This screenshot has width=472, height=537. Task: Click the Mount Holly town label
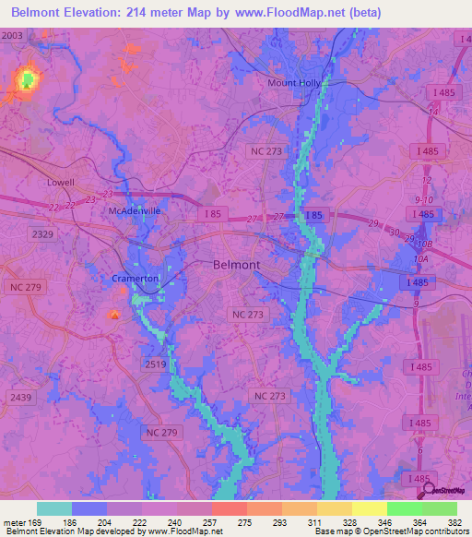293,82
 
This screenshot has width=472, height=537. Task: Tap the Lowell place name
61,183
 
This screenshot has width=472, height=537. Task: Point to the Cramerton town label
136,278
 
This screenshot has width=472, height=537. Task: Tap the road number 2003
13,34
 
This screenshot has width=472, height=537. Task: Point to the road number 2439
20,397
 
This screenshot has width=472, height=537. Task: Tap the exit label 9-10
423,198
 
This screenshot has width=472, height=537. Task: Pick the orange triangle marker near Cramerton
114,316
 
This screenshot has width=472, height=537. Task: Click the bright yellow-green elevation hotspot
26,79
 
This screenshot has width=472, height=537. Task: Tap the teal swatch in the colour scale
54,508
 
